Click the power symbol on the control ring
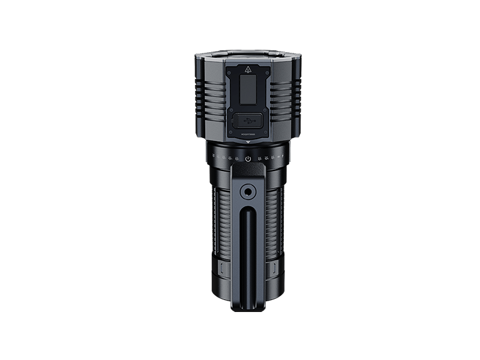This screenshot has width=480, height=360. pos(248,158)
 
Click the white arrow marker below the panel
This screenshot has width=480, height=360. pos(248,142)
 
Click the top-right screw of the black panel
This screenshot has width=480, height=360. pos(265,67)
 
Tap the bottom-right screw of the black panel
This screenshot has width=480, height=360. pos(265,135)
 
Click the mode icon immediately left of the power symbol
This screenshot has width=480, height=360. pos(238,158)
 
